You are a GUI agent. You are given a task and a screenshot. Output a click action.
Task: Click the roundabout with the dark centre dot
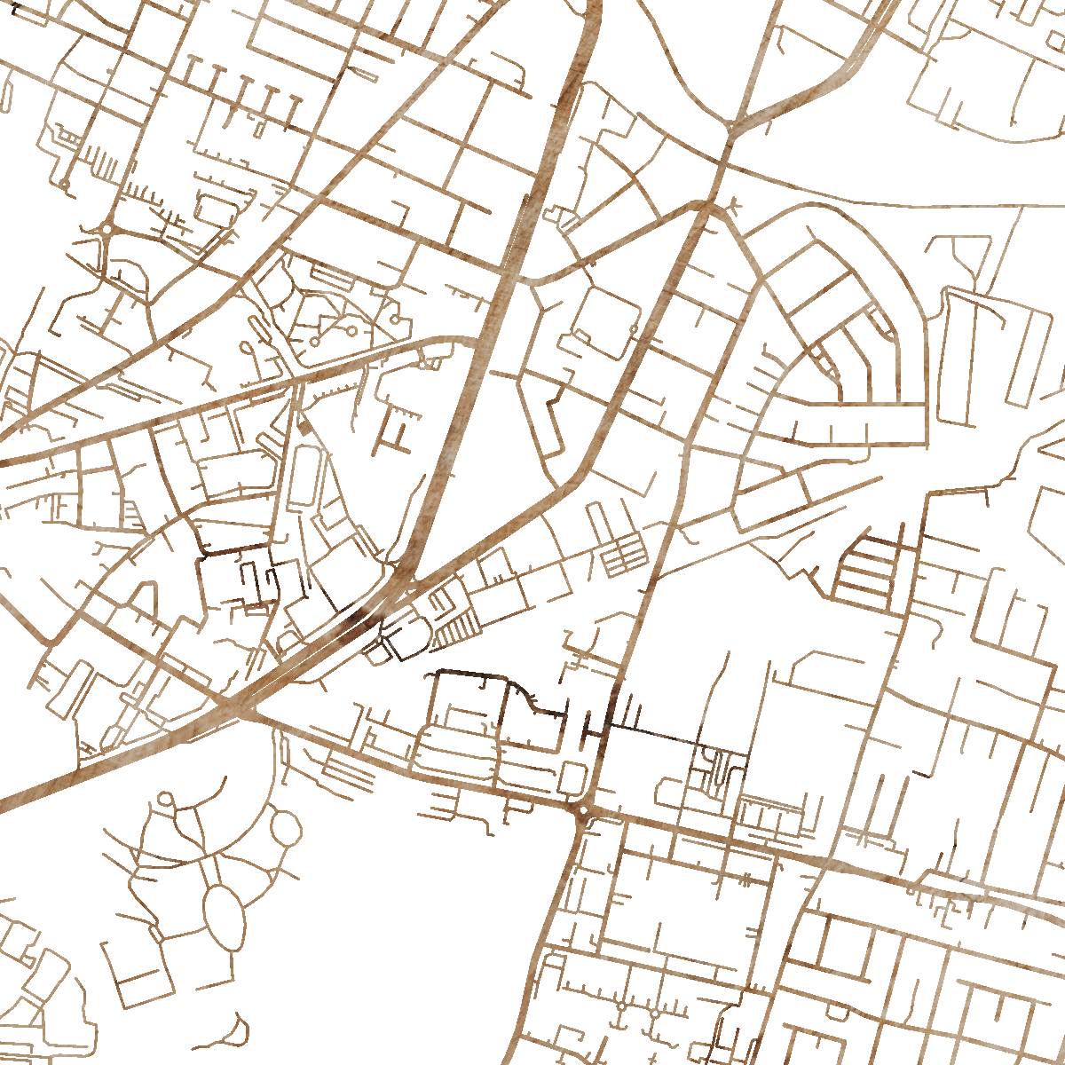(582, 809)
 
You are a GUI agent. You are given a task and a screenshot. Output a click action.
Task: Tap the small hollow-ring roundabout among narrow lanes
(107, 229)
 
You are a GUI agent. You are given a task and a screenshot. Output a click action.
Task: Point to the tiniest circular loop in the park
(165, 799)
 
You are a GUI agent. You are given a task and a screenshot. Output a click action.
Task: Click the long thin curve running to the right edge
(887, 204)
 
